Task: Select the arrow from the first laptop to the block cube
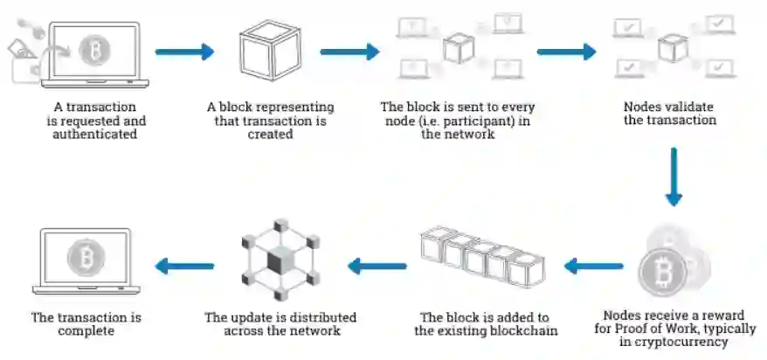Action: coord(184,52)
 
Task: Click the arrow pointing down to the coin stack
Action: coord(673,177)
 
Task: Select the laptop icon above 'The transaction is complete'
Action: coord(86,260)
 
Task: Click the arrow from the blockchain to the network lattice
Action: coord(377,265)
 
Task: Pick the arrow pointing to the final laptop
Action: coord(184,265)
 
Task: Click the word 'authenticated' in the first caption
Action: coord(94,135)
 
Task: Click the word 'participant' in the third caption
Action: coord(486,121)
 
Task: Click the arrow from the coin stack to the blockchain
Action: coord(593,265)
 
